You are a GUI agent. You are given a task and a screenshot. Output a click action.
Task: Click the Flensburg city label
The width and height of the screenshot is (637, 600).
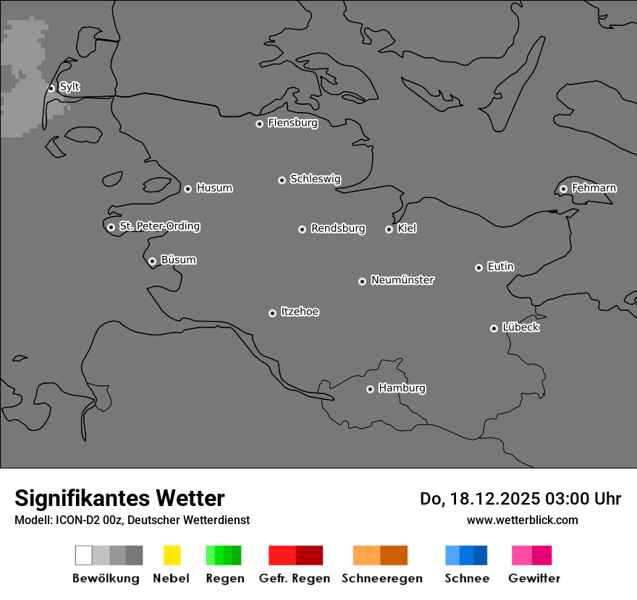[x=292, y=123]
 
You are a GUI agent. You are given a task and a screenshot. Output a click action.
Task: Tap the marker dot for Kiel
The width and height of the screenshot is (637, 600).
[x=389, y=229]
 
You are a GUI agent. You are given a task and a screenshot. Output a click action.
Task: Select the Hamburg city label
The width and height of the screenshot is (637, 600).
[x=402, y=388]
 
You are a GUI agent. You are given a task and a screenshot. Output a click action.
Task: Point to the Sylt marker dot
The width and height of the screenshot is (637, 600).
[x=51, y=88]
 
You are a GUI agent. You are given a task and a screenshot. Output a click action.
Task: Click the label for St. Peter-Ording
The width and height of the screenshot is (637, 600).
[x=159, y=226]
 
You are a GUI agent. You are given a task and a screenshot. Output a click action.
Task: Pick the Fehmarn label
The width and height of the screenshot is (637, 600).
[x=594, y=188]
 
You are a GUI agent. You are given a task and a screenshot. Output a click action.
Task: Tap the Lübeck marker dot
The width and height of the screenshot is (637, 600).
[x=494, y=328]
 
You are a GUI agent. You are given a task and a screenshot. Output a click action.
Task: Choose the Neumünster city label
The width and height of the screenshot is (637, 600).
[x=402, y=280]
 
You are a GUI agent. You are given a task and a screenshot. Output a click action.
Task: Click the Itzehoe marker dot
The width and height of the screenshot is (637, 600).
[x=272, y=313]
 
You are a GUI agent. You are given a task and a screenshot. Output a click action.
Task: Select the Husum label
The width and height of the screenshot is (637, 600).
[x=214, y=188]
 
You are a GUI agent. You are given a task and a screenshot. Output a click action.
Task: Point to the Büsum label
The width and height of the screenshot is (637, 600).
[x=178, y=260]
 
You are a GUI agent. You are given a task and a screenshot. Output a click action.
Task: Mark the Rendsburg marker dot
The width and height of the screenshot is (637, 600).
[x=302, y=229]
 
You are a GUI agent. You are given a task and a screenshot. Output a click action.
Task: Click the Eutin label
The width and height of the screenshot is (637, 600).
[x=500, y=267]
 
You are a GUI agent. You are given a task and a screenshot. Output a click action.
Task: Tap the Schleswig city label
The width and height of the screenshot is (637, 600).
[x=315, y=179]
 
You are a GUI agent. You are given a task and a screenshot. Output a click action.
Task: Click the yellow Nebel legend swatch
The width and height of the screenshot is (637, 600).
[x=172, y=555]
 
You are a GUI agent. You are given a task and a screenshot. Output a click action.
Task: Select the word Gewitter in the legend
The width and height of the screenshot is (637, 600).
[x=533, y=578]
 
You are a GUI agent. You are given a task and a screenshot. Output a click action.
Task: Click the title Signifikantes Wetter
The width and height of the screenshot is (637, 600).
[x=119, y=498]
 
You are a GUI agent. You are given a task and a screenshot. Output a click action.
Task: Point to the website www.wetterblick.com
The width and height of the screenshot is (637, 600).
[x=522, y=520]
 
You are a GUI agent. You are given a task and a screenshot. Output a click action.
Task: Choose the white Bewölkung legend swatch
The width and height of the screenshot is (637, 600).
[x=83, y=555]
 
